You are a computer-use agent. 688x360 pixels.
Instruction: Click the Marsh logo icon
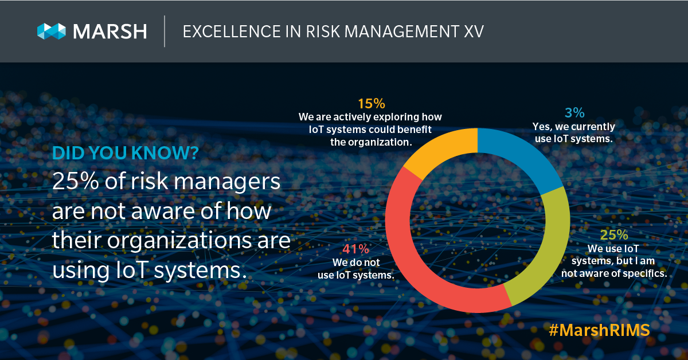(x=50, y=31)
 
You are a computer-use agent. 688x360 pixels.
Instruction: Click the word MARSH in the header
(x=108, y=31)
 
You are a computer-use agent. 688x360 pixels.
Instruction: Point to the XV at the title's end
(x=473, y=32)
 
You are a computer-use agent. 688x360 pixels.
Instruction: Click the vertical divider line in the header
(x=165, y=32)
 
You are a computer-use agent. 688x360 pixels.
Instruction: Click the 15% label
(x=370, y=104)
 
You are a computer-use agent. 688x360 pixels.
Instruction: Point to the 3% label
(x=576, y=113)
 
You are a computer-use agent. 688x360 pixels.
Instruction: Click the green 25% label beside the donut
(x=614, y=235)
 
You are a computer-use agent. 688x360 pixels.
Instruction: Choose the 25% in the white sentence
(x=75, y=182)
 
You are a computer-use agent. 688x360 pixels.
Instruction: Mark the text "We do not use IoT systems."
(x=355, y=269)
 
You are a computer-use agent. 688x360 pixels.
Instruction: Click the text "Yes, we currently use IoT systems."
(x=576, y=132)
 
